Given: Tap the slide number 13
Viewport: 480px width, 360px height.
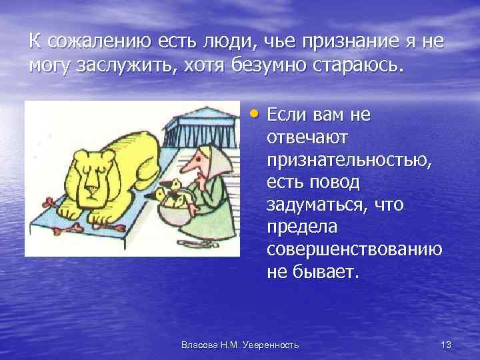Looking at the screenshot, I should [446, 344].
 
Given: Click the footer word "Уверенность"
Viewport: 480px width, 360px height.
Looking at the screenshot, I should [272, 345].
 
